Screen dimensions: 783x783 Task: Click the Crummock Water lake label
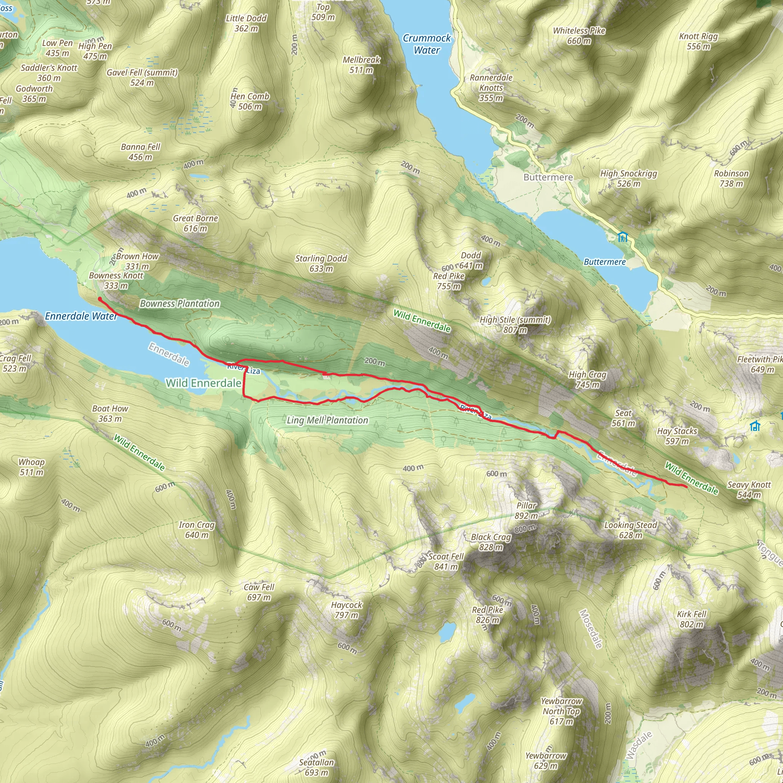click(426, 44)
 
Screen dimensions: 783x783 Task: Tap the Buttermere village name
click(548, 177)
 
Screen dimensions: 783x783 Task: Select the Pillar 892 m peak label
click(526, 510)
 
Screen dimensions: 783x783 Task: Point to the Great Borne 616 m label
click(195, 223)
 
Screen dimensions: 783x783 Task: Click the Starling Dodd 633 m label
click(321, 263)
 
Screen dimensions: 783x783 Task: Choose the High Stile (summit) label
click(515, 324)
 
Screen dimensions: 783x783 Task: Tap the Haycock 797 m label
click(346, 609)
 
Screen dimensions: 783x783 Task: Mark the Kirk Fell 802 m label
click(691, 619)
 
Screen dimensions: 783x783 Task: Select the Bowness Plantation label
click(180, 304)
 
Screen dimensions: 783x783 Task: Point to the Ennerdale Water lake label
click(81, 316)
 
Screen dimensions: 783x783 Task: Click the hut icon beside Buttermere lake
click(622, 236)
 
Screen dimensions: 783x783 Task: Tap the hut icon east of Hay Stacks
click(755, 426)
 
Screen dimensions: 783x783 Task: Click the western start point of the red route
click(100, 299)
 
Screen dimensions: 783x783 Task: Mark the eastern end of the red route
click(686, 487)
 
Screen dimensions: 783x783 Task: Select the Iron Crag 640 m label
click(197, 530)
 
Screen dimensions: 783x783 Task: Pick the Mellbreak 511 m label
click(362, 65)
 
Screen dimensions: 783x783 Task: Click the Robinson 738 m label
click(731, 178)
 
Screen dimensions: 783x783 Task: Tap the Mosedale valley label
click(590, 629)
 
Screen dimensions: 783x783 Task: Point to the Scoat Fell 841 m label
click(446, 561)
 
